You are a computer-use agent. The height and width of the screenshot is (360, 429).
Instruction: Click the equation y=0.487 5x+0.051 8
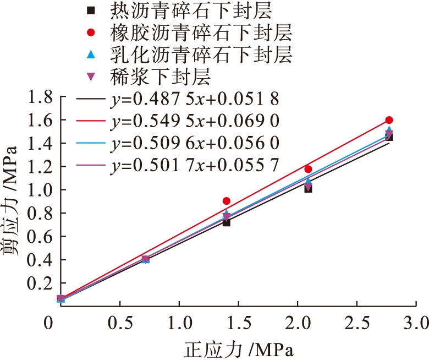194,99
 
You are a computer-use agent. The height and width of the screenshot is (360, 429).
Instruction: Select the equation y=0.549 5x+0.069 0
194,121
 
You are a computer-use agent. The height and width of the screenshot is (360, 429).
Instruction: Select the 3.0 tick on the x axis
415,321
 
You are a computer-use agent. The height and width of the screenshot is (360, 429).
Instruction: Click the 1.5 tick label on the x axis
238,321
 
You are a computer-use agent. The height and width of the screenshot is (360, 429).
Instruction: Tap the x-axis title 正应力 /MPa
238,348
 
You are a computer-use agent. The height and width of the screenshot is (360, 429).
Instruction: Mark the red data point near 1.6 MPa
389,120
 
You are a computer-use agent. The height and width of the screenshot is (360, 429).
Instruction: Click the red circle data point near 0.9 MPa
227,201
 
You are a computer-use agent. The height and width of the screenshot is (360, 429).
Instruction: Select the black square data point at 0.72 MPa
227,222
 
